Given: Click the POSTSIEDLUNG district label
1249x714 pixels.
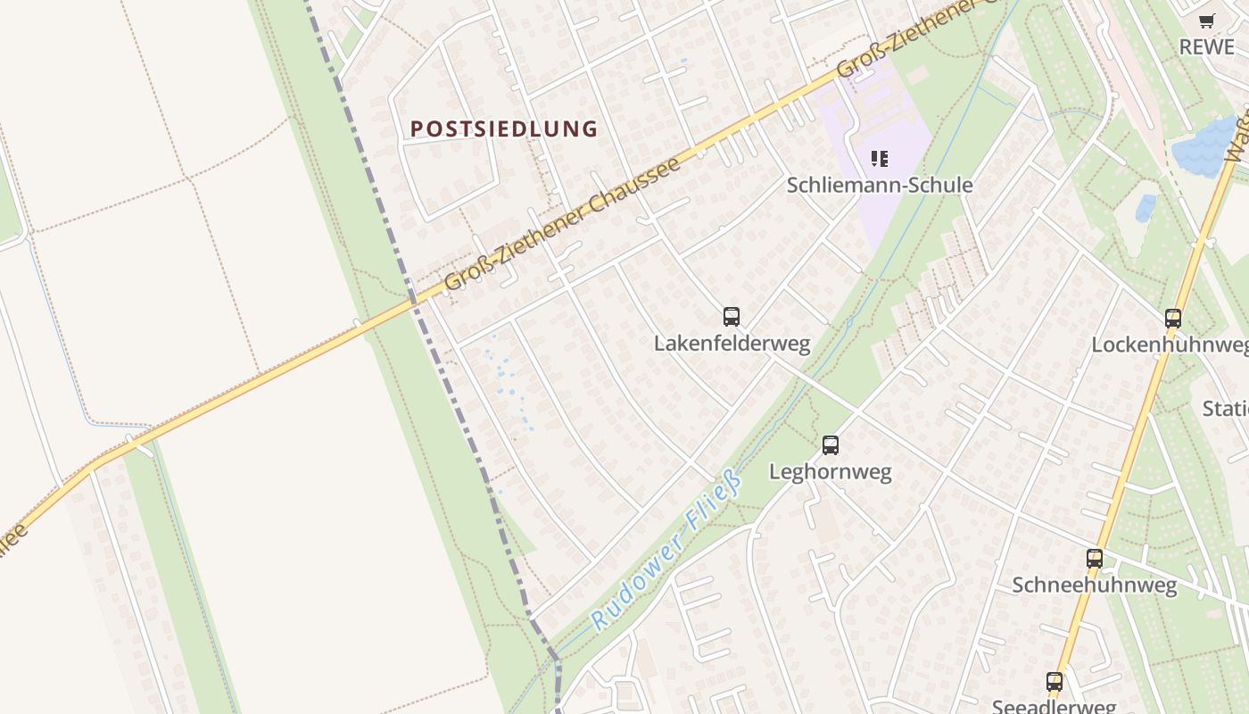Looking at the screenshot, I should pyautogui.click(x=504, y=129).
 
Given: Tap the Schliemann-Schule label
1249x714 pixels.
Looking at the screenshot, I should pyautogui.click(x=879, y=185).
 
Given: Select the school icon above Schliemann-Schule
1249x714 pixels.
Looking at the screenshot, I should pyautogui.click(x=880, y=159).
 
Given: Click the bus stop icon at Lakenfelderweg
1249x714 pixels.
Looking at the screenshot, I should pyautogui.click(x=732, y=316).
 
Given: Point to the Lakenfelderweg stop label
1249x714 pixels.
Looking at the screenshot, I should pyautogui.click(x=732, y=344).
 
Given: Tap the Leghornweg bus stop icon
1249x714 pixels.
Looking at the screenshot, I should pyautogui.click(x=831, y=444).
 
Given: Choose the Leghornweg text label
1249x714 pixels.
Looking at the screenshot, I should pyautogui.click(x=830, y=472).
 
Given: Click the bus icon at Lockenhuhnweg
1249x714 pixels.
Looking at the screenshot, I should pyautogui.click(x=1173, y=318).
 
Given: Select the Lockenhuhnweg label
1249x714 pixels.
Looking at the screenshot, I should pyautogui.click(x=1170, y=345).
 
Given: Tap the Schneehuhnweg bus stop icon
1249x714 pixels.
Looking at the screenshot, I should pyautogui.click(x=1095, y=559).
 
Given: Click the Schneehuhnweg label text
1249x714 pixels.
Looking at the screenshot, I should pyautogui.click(x=1094, y=585).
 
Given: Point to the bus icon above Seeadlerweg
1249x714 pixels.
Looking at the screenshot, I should pyautogui.click(x=1055, y=682).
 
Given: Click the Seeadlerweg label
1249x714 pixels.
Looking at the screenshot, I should pyautogui.click(x=1054, y=707).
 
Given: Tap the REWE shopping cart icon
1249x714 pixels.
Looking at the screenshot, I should pyautogui.click(x=1207, y=21).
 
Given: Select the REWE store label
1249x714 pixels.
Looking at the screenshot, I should pyautogui.click(x=1206, y=47).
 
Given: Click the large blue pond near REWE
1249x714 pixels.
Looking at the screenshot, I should pyautogui.click(x=1204, y=146).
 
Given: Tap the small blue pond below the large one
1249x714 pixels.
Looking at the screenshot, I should pyautogui.click(x=1146, y=208).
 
